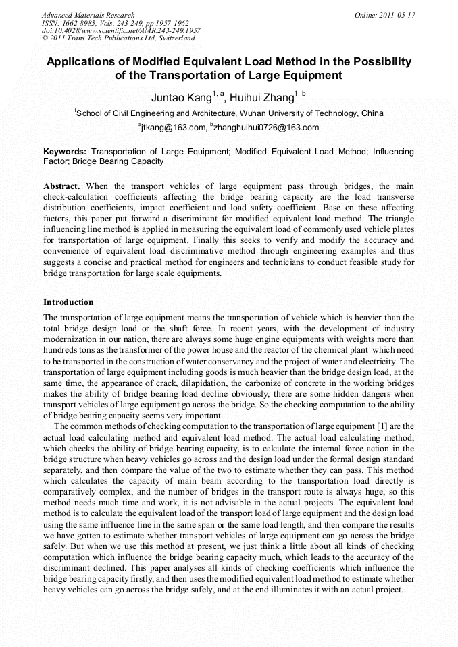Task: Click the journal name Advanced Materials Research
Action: tap(88, 15)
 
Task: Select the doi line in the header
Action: tap(121, 31)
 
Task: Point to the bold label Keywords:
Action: tap(65, 152)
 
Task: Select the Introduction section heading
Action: tap(68, 302)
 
